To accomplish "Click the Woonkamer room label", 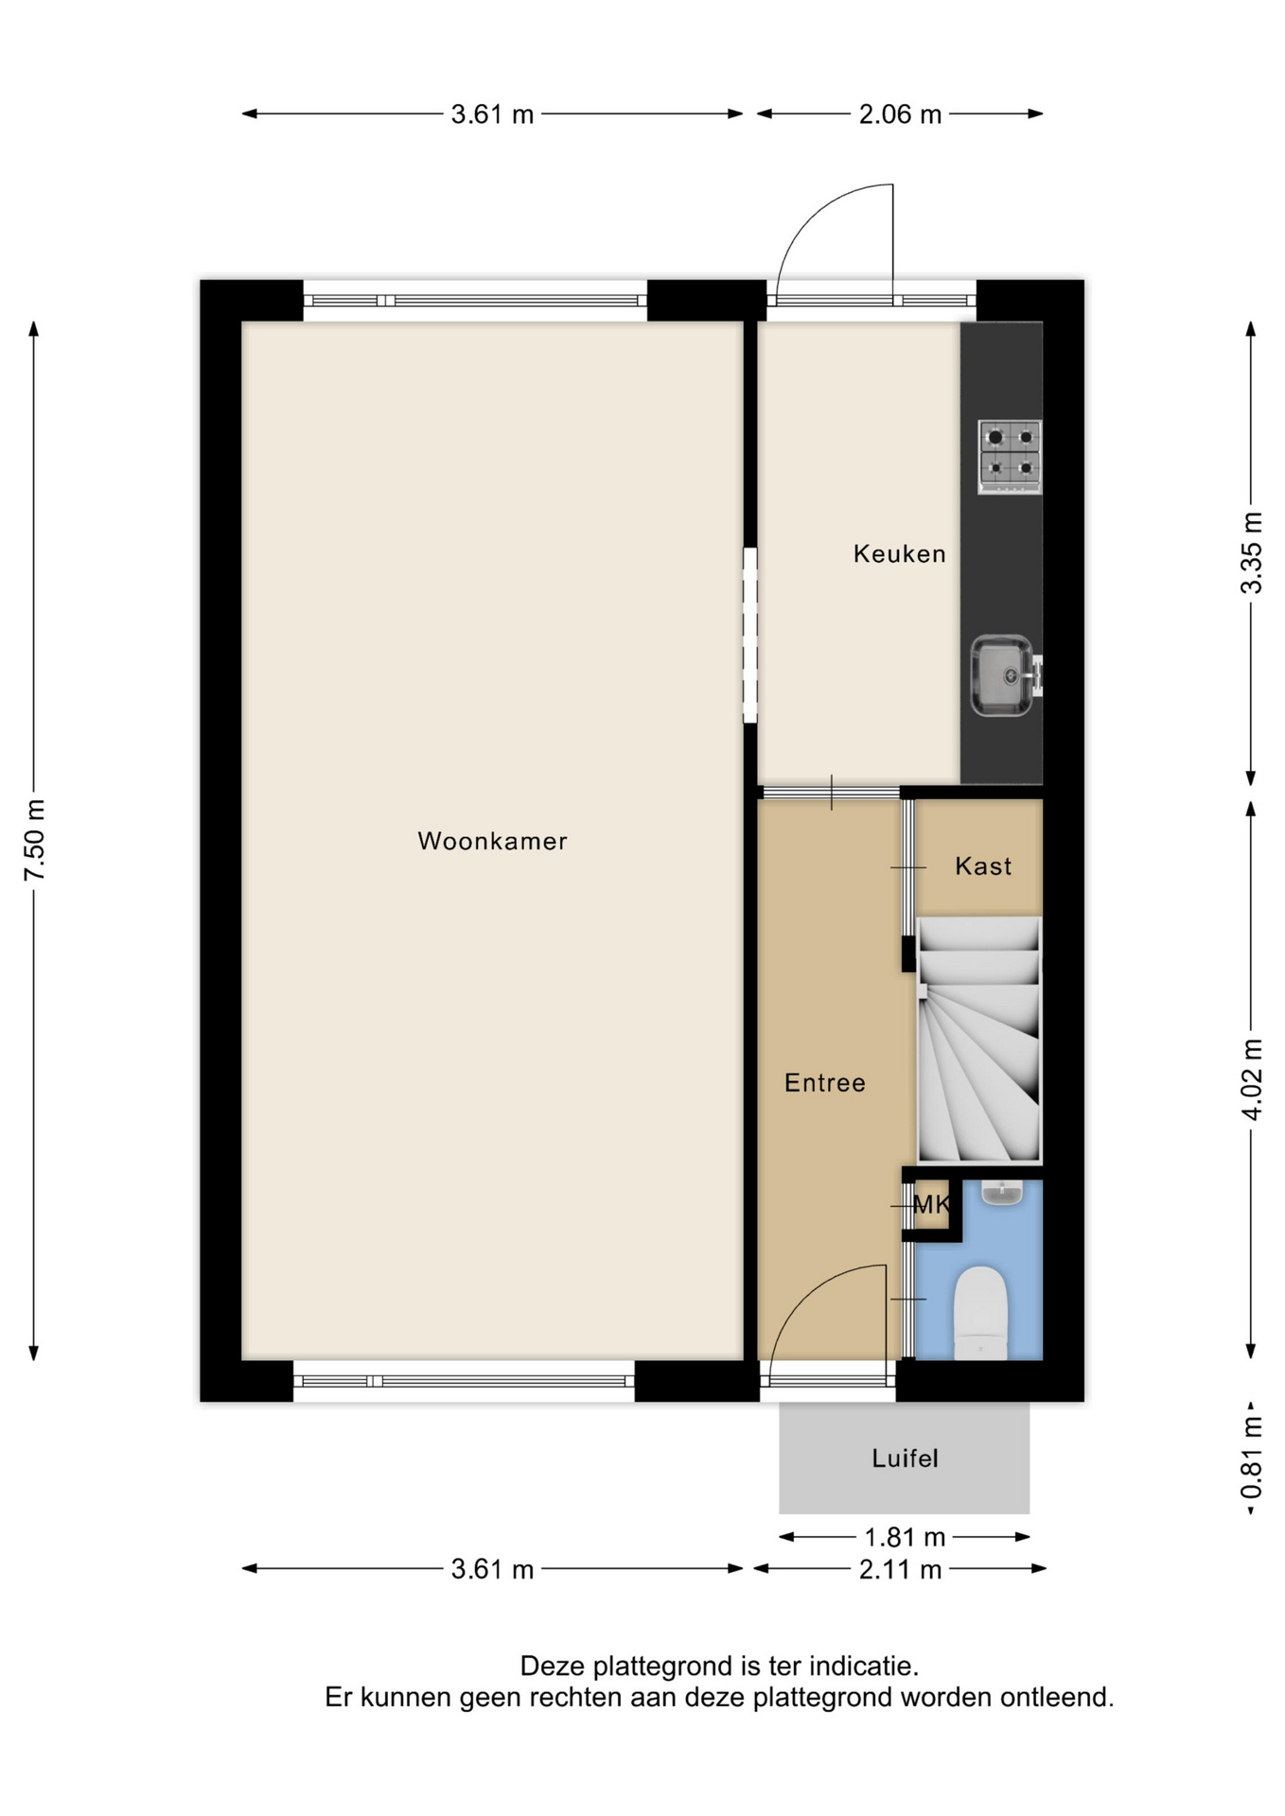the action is point(492,841).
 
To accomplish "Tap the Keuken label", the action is point(899,553).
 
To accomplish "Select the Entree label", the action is point(824,1083).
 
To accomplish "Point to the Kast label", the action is point(983,865).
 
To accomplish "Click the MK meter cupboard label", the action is point(931,1204).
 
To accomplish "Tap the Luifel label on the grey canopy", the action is point(905,1458).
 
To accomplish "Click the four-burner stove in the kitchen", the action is point(1010,456).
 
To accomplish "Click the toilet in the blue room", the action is point(979,1313).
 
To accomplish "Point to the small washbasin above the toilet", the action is point(1002,1192).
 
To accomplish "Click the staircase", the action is point(979,1040).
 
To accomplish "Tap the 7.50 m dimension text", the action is point(35,840).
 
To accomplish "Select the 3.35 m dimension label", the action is point(1251,552).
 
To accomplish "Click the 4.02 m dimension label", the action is point(1251,1079).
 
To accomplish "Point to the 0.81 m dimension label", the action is point(1251,1457).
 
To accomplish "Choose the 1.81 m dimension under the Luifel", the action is point(905,1537).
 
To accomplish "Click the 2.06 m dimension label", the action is point(900,114).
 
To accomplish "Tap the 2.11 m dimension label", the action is point(900,1570).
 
